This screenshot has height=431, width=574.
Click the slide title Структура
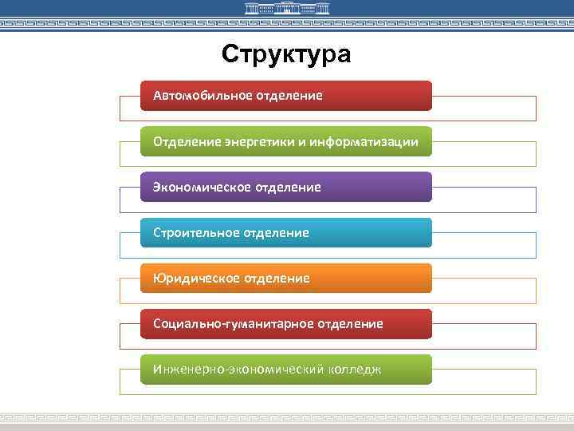pyautogui.click(x=286, y=54)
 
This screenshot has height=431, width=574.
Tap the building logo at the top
pyautogui.click(x=286, y=10)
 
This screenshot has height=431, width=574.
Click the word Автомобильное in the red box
pyautogui.click(x=202, y=96)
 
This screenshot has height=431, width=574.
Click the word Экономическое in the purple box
pyautogui.click(x=202, y=188)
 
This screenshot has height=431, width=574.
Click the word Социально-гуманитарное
pyautogui.click(x=234, y=324)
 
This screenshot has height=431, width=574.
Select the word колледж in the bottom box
pyautogui.click(x=355, y=370)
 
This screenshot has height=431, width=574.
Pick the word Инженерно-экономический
pyautogui.click(x=238, y=370)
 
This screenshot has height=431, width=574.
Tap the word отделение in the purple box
pyautogui.click(x=288, y=188)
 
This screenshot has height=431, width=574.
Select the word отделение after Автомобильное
pyautogui.click(x=289, y=96)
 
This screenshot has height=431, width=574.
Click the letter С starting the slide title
pyautogui.click(x=230, y=54)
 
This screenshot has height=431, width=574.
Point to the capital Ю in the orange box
pyautogui.click(x=158, y=279)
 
